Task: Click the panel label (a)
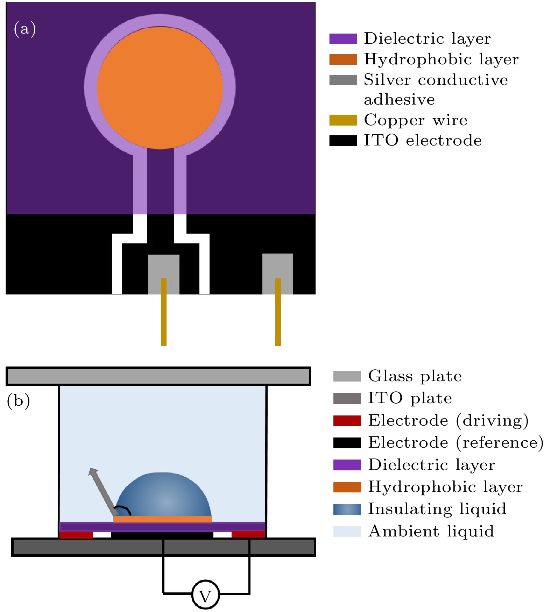coord(24,29)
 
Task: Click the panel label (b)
coord(18,400)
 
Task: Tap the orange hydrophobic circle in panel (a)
coord(160,87)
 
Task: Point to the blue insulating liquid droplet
coord(164,495)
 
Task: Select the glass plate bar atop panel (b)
coord(158,376)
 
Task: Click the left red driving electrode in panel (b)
coord(76,535)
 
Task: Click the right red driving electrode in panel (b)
coord(248,535)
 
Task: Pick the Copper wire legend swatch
coord(343,120)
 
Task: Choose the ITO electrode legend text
coord(423,141)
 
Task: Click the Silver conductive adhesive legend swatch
coord(343,80)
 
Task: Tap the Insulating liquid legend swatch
coord(347,509)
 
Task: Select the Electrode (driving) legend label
coord(448,421)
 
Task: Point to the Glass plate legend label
coord(415,376)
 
